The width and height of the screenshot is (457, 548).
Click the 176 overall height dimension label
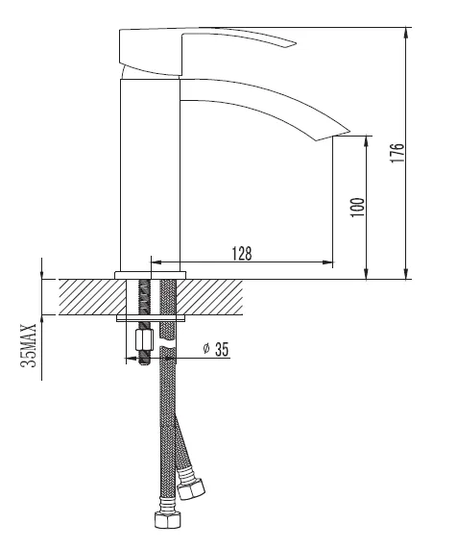[397, 153]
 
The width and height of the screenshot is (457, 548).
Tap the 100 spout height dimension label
[357, 207]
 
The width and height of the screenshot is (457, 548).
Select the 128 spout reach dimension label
[242, 254]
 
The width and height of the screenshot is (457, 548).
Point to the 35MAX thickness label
[29, 345]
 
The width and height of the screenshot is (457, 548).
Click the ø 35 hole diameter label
[216, 349]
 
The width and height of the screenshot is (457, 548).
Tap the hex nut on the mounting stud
[144, 340]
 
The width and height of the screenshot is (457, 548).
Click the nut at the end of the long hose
[168, 520]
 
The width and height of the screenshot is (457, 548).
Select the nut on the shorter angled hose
[191, 489]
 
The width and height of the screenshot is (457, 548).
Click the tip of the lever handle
[296, 44]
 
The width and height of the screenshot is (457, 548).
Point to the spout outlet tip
[349, 132]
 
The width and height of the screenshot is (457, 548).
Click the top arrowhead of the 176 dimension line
[406, 33]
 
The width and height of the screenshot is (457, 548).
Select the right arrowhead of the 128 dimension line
[327, 262]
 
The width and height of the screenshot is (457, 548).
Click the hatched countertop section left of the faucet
[92, 297]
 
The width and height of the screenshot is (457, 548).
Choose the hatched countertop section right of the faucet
[209, 297]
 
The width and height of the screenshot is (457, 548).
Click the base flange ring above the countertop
[150, 275]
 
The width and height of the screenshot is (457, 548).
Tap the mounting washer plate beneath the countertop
[151, 318]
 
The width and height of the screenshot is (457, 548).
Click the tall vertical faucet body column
[150, 175]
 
